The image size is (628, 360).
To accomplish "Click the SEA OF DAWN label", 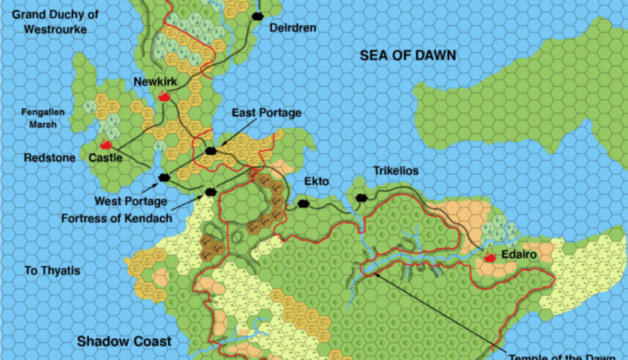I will click(x=408, y=55).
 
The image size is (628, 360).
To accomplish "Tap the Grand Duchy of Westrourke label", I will click(x=55, y=22).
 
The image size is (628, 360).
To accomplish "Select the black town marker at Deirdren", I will click(x=257, y=16).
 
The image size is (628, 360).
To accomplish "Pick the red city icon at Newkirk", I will click(x=164, y=96).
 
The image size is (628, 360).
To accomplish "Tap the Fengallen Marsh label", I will click(x=43, y=119).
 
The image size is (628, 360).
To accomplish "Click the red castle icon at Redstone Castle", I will click(x=106, y=145).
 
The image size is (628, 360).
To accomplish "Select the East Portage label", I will click(x=266, y=113).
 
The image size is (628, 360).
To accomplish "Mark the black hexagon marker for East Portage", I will click(x=211, y=150).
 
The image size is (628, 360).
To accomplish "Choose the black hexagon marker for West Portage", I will click(x=164, y=177).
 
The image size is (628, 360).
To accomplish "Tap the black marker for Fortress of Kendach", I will click(x=210, y=191).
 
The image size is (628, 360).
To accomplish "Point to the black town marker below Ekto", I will click(x=304, y=204).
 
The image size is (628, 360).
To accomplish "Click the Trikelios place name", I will click(x=396, y=171).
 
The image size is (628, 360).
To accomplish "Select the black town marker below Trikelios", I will click(x=361, y=198).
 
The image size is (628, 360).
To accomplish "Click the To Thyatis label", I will click(x=52, y=270).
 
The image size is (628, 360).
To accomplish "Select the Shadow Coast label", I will click(x=124, y=341).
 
